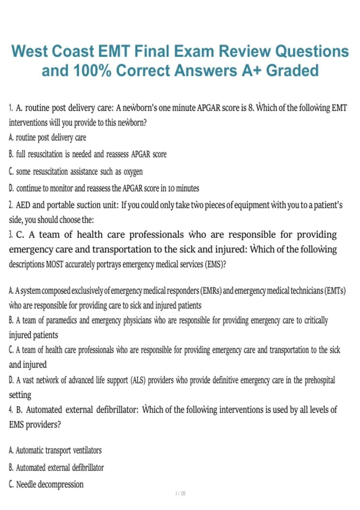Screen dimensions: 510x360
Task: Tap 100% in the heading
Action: click(x=92, y=71)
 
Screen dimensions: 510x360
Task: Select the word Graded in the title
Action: click(x=292, y=71)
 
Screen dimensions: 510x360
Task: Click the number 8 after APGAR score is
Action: click(x=251, y=108)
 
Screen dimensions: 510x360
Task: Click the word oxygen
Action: click(x=133, y=172)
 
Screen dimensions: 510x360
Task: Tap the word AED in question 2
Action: click(x=23, y=205)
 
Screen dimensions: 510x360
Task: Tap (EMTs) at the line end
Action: click(x=335, y=291)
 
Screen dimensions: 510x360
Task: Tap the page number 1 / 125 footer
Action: click(x=180, y=493)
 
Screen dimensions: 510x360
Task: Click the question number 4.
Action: click(x=11, y=410)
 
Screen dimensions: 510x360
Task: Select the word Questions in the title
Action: click(x=312, y=51)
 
